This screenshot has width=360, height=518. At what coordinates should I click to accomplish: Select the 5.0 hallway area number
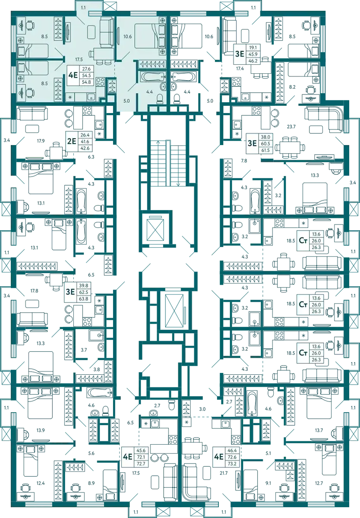pyautogui.click(x=126, y=101)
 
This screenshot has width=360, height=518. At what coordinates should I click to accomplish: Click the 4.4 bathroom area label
pyautogui.click(x=149, y=91)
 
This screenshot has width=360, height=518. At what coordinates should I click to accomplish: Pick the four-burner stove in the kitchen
pyautogui.click(x=100, y=82)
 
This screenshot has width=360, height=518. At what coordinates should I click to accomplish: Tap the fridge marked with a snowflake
pyautogui.click(x=70, y=97)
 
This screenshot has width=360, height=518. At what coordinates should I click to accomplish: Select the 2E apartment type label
pyautogui.click(x=72, y=141)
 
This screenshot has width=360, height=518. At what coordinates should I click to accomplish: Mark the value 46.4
pyautogui.click(x=231, y=449)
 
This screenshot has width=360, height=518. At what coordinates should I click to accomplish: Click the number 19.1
pyautogui.click(x=253, y=48)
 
